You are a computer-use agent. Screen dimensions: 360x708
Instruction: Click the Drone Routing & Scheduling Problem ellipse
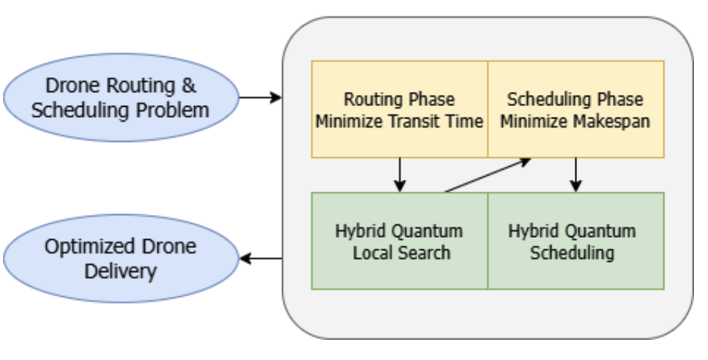(120, 98)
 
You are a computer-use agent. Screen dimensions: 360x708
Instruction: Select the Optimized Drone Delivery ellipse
(120, 259)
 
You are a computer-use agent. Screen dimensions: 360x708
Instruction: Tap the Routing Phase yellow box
(399, 110)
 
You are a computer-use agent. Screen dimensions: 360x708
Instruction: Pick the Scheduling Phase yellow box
(575, 110)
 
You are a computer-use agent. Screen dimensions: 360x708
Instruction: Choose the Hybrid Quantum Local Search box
(399, 242)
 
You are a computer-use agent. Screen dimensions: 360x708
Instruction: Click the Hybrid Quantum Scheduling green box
(575, 242)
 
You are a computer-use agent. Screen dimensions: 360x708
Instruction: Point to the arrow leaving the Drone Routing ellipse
(259, 98)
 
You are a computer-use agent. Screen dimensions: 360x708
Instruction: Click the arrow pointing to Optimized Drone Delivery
(260, 259)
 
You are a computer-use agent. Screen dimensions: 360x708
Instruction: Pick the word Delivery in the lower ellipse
(120, 271)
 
